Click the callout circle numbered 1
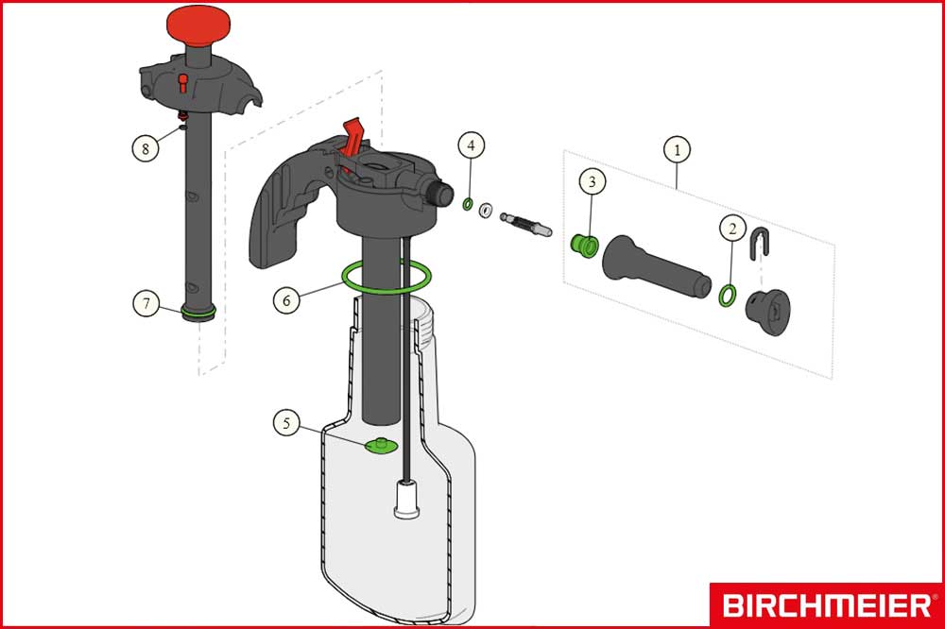pyautogui.click(x=677, y=149)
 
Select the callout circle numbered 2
pyautogui.click(x=732, y=229)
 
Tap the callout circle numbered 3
pyautogui.click(x=592, y=181)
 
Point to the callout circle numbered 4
pyautogui.click(x=471, y=145)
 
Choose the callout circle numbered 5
pyautogui.click(x=286, y=423)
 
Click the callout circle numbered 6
pyautogui.click(x=286, y=299)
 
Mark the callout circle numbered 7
pyautogui.click(x=146, y=303)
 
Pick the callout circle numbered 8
pyautogui.click(x=146, y=148)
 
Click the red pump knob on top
pyautogui.click(x=198, y=25)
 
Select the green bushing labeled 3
pyautogui.click(x=584, y=246)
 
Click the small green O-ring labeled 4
pyautogui.click(x=467, y=204)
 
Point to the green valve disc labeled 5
pyautogui.click(x=381, y=446)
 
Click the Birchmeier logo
pyautogui.click(x=827, y=604)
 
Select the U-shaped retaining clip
pyautogui.click(x=761, y=243)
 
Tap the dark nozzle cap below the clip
pyautogui.click(x=767, y=312)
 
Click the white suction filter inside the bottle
pyautogui.click(x=406, y=499)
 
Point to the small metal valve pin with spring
pyautogui.click(x=525, y=224)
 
